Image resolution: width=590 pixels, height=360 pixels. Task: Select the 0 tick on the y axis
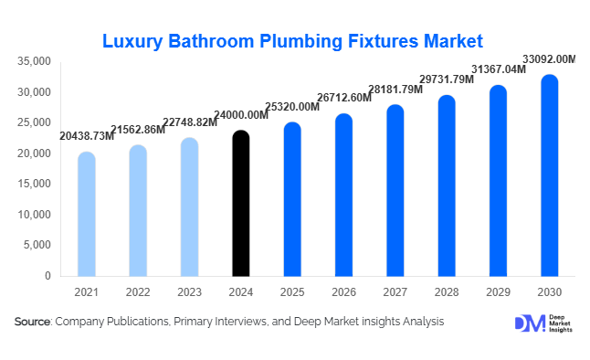point(47,275)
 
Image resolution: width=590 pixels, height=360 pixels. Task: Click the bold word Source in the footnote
point(32,322)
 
